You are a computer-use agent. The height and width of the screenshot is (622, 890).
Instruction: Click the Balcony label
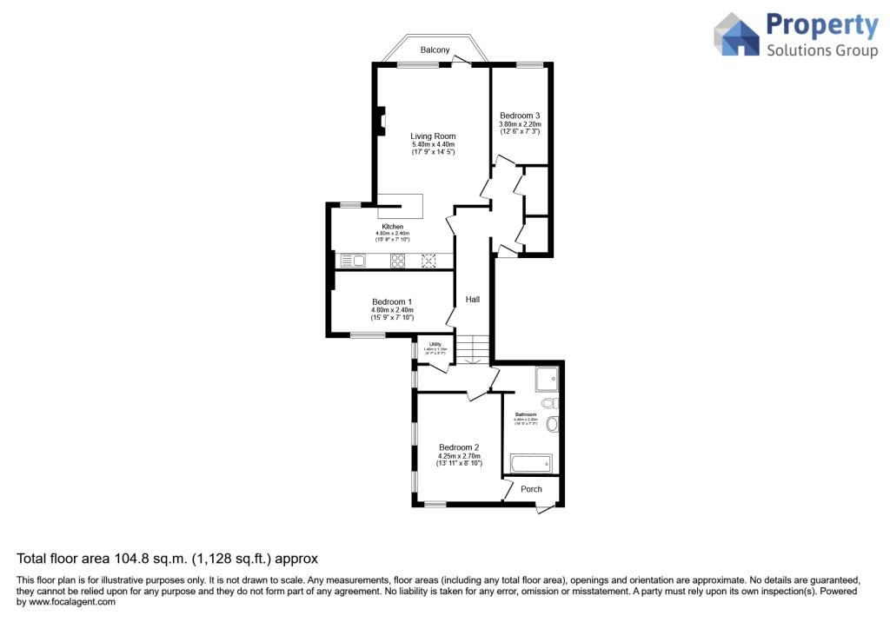click(435, 50)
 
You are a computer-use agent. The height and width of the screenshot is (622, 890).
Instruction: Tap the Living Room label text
click(433, 136)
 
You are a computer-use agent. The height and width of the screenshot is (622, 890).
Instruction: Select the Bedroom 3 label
click(520, 116)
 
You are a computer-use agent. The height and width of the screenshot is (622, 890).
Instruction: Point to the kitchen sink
click(352, 260)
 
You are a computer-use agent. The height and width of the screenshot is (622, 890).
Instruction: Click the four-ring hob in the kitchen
click(398, 260)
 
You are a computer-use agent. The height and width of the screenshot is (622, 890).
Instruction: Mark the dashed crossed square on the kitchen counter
click(428, 260)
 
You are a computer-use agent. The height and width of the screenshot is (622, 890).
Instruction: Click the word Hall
click(473, 299)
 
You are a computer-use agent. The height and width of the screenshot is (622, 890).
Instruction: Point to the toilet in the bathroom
click(548, 404)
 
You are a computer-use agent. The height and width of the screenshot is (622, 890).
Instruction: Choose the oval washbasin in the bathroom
click(553, 425)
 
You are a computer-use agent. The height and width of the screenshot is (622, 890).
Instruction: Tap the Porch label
click(531, 489)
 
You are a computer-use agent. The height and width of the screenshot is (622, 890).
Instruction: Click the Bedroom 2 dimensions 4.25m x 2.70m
click(459, 456)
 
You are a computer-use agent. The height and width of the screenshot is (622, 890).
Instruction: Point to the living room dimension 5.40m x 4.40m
click(433, 145)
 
